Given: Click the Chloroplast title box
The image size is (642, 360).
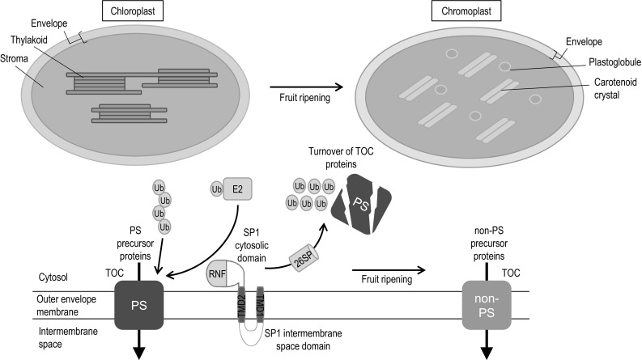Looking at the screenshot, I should (x=138, y=11).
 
